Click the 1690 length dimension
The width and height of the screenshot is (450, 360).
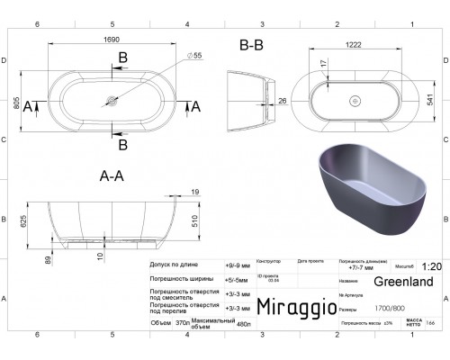coord(111,41)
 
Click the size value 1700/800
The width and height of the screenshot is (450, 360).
coord(364,307)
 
